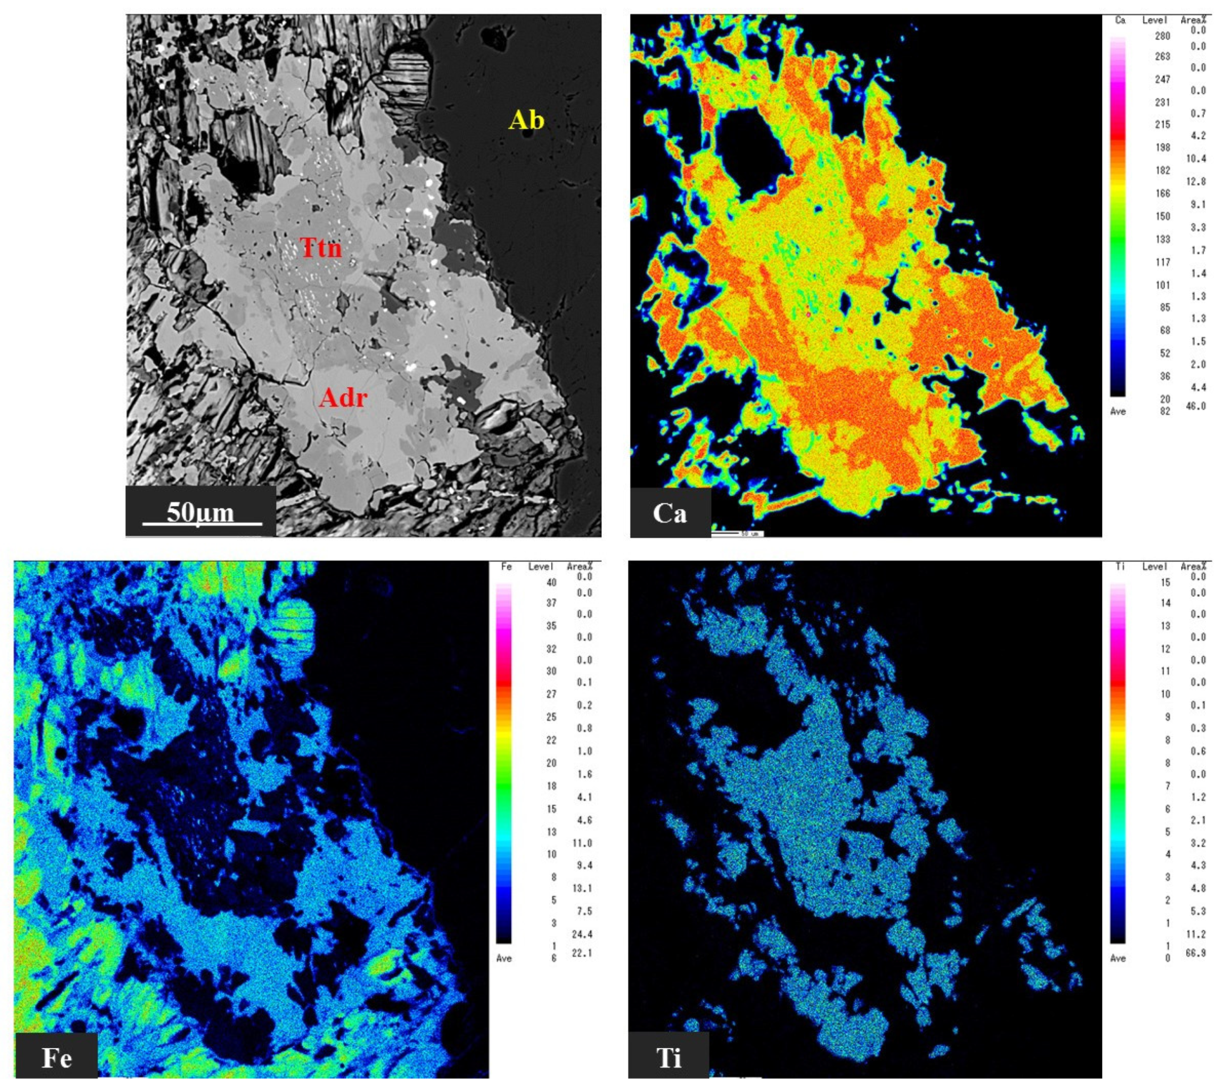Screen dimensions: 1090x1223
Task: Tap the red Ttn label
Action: (x=321, y=247)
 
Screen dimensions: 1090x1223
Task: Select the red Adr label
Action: (x=343, y=397)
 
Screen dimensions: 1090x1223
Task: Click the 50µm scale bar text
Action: (x=201, y=513)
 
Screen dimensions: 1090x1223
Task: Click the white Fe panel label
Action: (x=57, y=1058)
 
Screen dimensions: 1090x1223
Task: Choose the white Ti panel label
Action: (x=668, y=1058)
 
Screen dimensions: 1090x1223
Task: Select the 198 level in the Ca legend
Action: (x=1163, y=147)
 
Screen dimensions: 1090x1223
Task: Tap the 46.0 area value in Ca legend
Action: (x=1196, y=406)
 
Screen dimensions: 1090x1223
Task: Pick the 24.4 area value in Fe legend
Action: (x=582, y=934)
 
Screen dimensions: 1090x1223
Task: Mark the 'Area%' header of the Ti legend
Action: (x=1193, y=567)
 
